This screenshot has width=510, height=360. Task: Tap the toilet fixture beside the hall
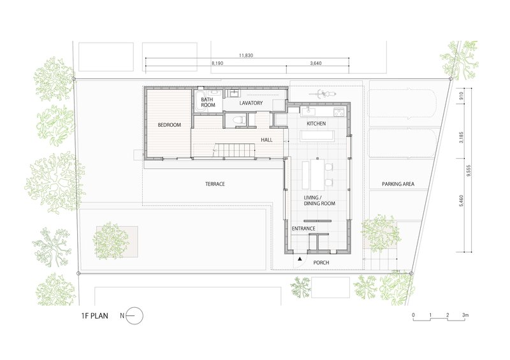238,120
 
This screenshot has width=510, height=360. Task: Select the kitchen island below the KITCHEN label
316,135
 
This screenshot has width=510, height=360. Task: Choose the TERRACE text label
215,184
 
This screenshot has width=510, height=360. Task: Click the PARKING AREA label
398,184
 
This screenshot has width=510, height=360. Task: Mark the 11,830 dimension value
247,56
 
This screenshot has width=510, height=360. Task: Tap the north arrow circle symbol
136,315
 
